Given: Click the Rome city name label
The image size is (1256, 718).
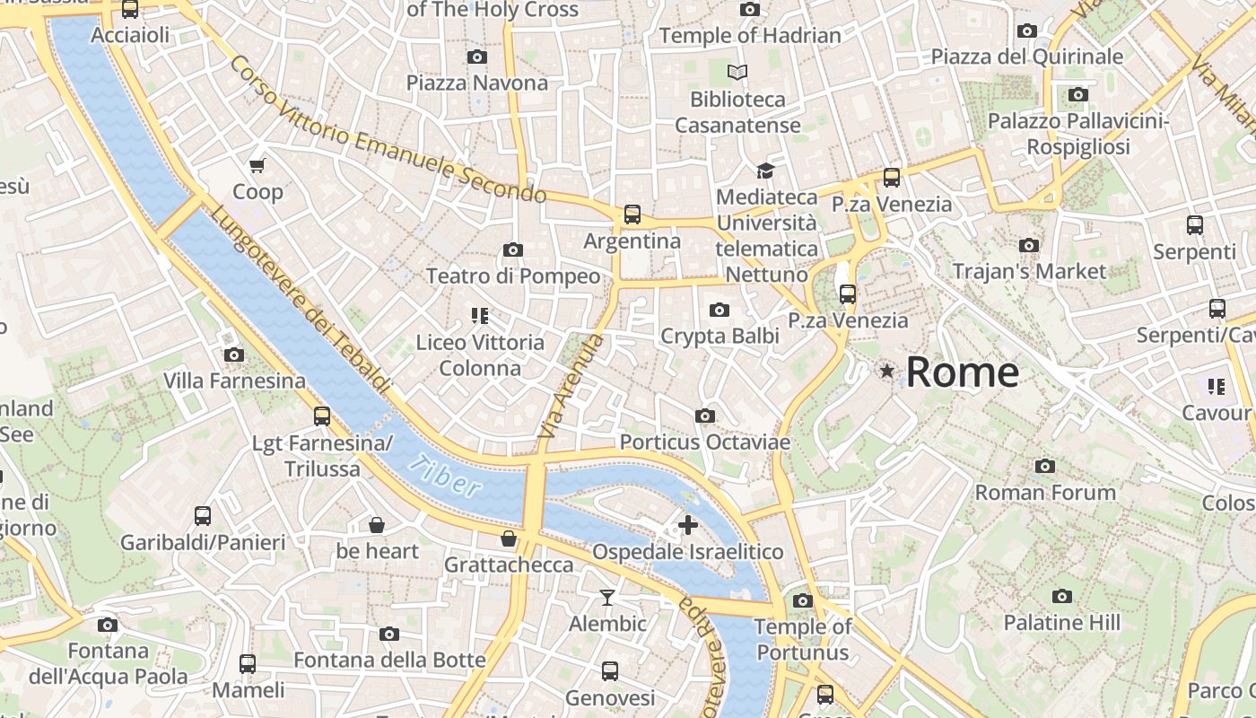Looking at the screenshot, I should tap(963, 372).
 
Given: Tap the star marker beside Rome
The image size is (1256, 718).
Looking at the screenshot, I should tap(887, 371).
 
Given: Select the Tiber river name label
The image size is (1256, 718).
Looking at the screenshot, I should tap(443, 475).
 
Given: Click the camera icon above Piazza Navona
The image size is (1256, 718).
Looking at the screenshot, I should tap(477, 57).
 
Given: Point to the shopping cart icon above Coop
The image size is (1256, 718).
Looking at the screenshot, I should tap(257, 165).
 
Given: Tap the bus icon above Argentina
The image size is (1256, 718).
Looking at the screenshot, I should tap(632, 214).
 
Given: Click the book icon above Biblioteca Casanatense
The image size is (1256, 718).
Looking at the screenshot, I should tap(737, 72).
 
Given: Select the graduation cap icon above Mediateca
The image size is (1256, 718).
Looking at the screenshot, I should tap(765, 171).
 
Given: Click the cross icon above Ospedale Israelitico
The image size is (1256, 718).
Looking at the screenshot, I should tap(688, 525).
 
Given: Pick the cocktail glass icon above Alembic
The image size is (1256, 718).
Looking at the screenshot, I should tap(607, 597).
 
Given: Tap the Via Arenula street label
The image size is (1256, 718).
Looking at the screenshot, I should tap(570, 387).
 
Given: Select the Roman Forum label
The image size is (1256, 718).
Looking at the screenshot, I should tap(1045, 492).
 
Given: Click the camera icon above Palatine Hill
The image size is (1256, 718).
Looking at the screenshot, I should tap(1062, 596).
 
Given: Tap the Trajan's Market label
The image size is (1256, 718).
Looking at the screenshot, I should tap(1029, 271).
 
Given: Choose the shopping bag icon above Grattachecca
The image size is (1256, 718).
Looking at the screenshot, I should tap(509, 538).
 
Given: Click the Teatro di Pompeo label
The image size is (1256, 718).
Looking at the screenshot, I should tap(513, 276).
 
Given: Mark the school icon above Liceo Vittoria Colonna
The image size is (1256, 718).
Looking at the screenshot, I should tap(479, 315).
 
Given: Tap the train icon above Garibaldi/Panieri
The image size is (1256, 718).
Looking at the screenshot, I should tap(203, 516).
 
